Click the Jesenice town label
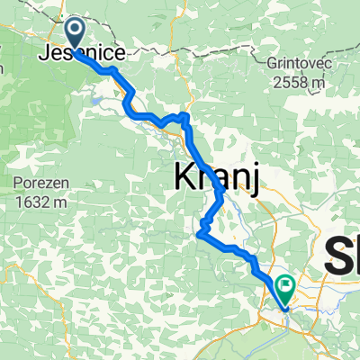point(81,55)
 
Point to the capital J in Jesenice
point(45,55)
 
